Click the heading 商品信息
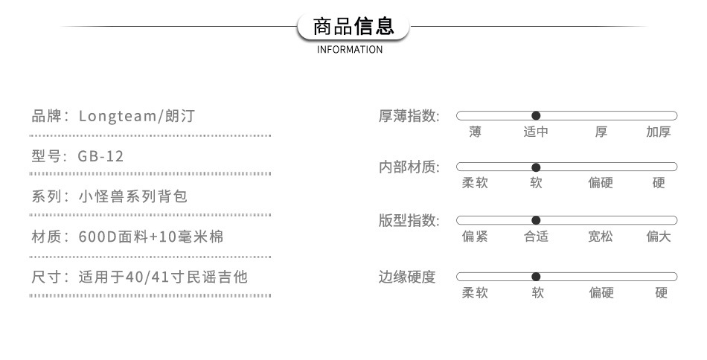click(x=353, y=28)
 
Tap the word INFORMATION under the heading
click(x=350, y=50)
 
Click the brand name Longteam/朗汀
click(x=138, y=116)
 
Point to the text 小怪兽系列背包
click(x=133, y=196)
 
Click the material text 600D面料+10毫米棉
click(x=151, y=237)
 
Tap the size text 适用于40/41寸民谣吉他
click(x=163, y=277)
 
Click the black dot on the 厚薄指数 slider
click(x=536, y=115)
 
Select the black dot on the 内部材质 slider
click(x=536, y=167)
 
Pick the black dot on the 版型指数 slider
click(x=536, y=220)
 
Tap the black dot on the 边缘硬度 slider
click(x=536, y=277)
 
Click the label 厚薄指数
click(x=409, y=117)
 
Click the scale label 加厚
click(x=659, y=132)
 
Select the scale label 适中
click(x=536, y=132)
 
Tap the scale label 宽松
click(x=601, y=237)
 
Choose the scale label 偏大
click(x=659, y=237)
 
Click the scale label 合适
click(x=536, y=237)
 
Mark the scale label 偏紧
click(x=475, y=237)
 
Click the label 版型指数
click(x=409, y=221)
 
